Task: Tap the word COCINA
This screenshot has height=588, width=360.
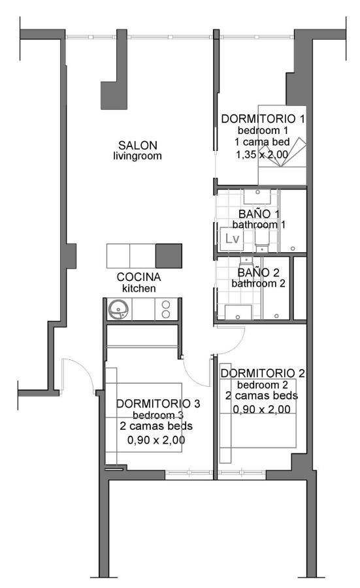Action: point(139,277)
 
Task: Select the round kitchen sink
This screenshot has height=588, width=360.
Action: point(118,310)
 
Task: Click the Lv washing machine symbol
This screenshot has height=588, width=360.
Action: point(232,239)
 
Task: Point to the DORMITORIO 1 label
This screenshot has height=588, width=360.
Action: point(263,119)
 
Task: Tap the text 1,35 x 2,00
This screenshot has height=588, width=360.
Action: point(262,154)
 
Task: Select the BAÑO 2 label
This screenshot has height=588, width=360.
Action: point(258,272)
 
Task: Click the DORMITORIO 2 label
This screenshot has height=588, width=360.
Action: point(263,373)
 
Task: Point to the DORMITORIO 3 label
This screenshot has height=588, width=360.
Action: point(158,404)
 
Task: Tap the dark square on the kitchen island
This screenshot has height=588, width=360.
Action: point(169,255)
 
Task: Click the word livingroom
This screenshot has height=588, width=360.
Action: point(138,156)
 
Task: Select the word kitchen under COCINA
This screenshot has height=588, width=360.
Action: point(139,288)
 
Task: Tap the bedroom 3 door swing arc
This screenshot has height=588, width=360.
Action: point(191,376)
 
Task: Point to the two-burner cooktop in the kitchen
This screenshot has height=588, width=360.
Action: point(166,310)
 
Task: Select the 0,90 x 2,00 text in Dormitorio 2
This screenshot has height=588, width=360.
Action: point(262,409)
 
